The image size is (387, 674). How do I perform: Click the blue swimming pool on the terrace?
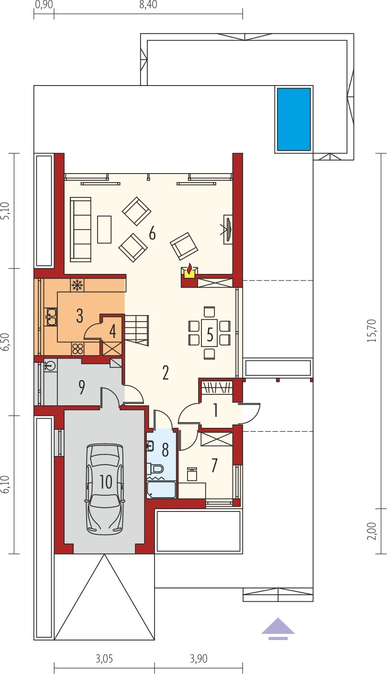(x=294, y=119)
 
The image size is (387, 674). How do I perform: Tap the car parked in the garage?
(x=105, y=489)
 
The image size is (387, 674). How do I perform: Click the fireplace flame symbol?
(x=189, y=268)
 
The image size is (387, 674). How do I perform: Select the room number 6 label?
(x=152, y=233)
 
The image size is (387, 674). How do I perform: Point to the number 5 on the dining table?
(x=210, y=334)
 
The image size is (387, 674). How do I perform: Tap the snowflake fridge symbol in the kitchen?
(x=77, y=285)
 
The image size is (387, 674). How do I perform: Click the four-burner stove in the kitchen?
(x=77, y=349)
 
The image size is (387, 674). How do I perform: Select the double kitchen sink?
(x=51, y=316)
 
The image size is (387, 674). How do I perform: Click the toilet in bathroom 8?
(x=155, y=469)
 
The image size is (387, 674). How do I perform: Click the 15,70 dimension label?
(x=372, y=330)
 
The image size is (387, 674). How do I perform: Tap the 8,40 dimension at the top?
(x=148, y=5)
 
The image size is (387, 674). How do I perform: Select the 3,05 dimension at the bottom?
(x=104, y=659)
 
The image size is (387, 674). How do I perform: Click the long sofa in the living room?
(x=81, y=229)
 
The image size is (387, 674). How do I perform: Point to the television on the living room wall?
(x=228, y=229)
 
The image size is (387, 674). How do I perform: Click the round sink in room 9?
(x=50, y=366)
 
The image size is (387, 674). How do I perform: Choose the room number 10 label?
(x=106, y=482)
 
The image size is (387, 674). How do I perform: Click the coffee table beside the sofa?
(x=104, y=229)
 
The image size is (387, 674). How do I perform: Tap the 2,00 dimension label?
(x=372, y=531)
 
